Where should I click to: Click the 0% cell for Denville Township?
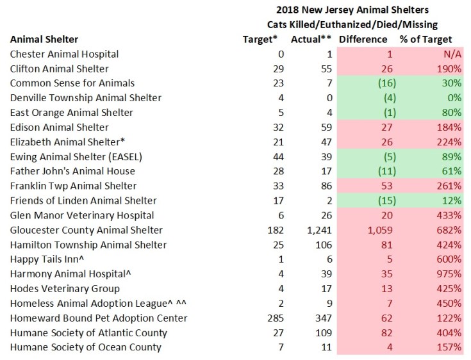click(x=454, y=98)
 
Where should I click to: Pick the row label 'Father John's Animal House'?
click(x=72, y=172)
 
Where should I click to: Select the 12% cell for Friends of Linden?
click(x=452, y=201)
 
